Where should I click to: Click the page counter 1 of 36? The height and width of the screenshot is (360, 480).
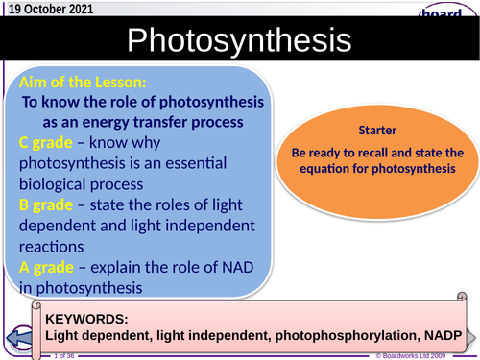coord(64,355)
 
